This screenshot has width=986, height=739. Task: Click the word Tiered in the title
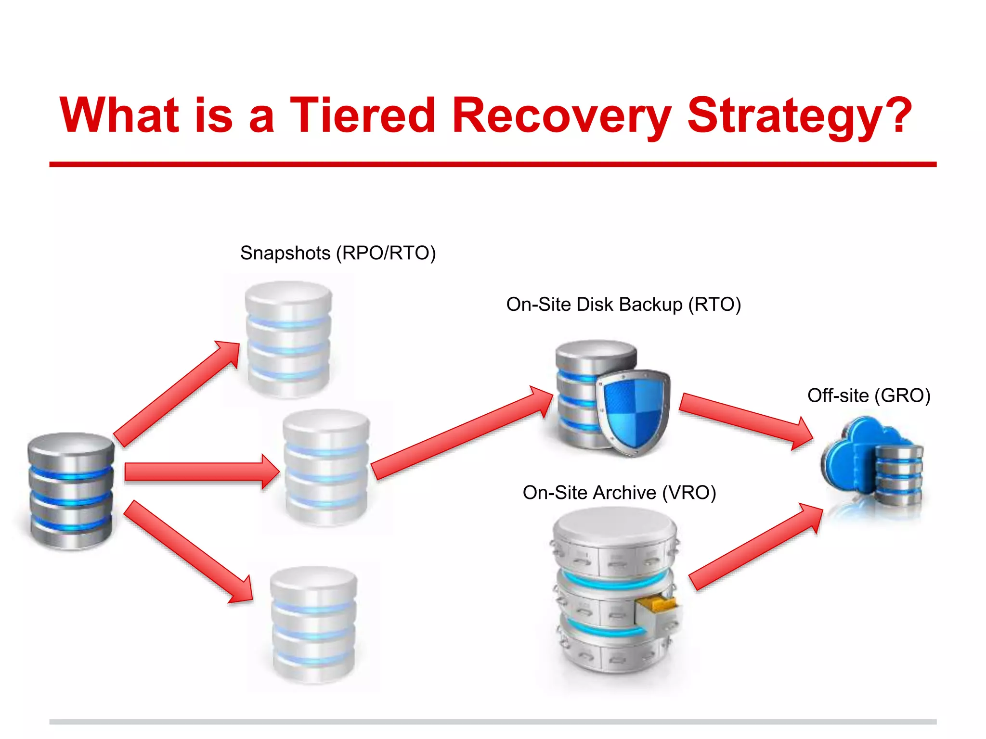362,115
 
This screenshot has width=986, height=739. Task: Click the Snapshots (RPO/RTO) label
338,253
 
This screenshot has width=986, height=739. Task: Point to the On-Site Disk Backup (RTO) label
623,305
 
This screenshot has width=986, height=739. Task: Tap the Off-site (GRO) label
869,395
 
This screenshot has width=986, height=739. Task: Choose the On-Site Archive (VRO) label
619,493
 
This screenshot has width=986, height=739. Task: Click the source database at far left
71,491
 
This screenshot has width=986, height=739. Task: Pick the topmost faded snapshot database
288,339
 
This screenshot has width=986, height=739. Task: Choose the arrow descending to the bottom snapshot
188,551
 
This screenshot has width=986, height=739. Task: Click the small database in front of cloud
898,475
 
